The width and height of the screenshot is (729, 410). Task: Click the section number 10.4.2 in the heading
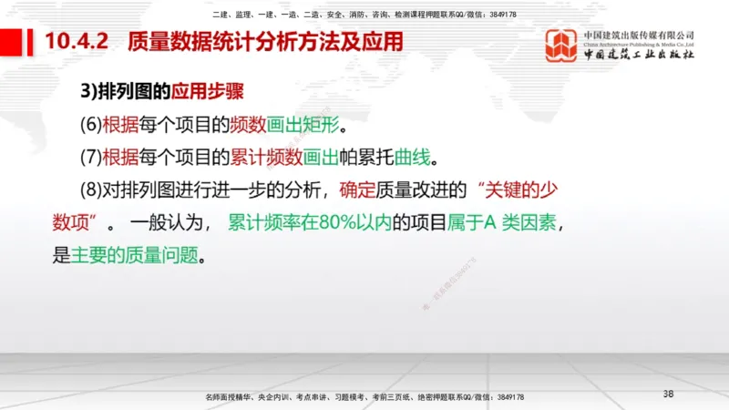pos(77,42)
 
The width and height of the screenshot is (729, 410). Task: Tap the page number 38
pos(668,394)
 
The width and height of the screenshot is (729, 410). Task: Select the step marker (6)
pos(91,124)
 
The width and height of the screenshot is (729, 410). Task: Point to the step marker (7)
pos(91,157)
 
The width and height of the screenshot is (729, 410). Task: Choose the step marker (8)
pos(91,190)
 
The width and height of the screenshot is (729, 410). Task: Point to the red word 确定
pos(356,190)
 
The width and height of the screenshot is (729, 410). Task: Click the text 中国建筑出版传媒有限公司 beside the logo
pos(639,34)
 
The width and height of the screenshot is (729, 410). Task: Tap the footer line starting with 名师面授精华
pos(364,398)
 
